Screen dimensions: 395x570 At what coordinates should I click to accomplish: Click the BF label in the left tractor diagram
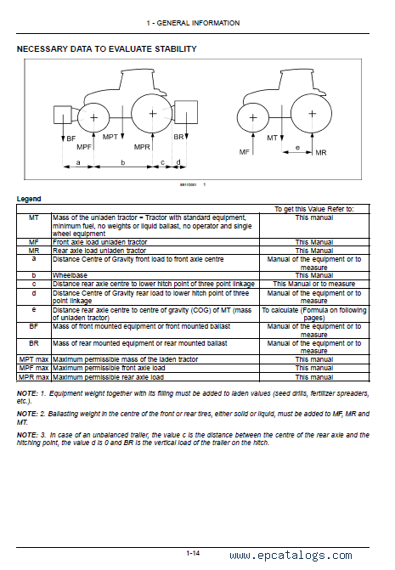pos(71,138)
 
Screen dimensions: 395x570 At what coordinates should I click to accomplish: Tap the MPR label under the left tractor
pos(142,147)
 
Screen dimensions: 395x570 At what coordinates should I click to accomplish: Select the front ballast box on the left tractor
pos(63,115)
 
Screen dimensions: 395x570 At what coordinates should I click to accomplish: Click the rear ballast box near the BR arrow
pos(186,112)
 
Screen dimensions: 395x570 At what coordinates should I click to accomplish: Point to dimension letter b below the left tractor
pos(123,162)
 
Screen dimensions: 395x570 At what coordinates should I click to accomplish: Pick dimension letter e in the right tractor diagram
pos(297,148)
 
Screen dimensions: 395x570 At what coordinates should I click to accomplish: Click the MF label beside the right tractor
pos(244,152)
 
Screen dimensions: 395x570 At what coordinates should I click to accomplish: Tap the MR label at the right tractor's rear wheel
pos(321,153)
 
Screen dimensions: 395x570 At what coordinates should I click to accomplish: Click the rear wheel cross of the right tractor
pos(312,114)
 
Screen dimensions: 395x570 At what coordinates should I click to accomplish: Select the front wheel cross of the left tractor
pos(93,117)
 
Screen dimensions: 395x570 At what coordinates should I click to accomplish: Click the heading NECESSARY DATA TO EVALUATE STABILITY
pos(107,49)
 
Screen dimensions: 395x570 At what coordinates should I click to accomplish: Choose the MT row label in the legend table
pos(34,217)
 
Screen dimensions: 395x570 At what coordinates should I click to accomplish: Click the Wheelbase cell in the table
pos(70,275)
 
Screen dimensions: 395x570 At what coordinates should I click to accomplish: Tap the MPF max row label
pos(34,368)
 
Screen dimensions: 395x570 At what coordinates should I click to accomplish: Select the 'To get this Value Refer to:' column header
pos(314,209)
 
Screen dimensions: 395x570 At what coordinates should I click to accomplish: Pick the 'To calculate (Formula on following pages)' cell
pos(314,314)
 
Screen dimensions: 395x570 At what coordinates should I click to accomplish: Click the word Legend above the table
pos(29,199)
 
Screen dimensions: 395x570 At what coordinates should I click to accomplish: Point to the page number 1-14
pos(193,553)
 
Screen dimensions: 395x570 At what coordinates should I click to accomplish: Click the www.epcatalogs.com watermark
pos(291,556)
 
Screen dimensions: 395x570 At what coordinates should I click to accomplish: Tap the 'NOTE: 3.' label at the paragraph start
pos(27,435)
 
